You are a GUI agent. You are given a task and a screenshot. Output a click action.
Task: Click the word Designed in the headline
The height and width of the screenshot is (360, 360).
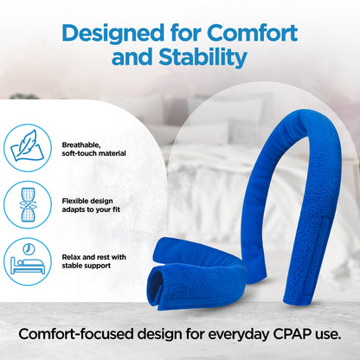[x=116, y=34]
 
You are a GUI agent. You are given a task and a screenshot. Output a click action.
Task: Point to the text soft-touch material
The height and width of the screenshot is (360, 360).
[x=94, y=153]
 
